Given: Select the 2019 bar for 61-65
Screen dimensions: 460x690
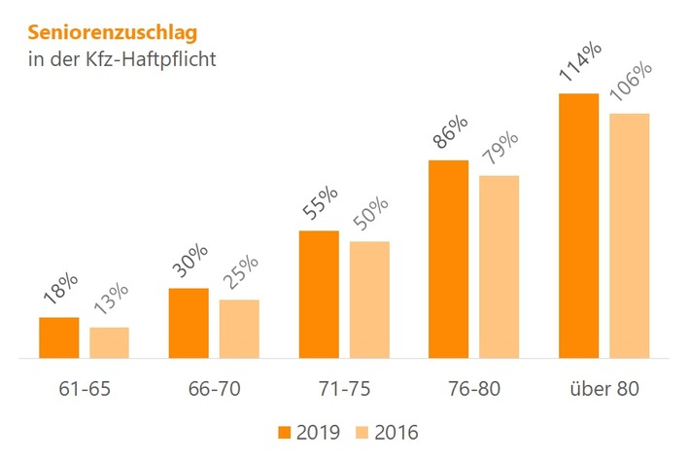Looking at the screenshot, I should click(58, 338).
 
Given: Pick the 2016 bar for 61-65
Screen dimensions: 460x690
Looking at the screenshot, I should click(109, 343).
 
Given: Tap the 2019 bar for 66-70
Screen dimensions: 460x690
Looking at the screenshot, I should click(189, 324).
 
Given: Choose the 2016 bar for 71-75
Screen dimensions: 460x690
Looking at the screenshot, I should click(369, 301).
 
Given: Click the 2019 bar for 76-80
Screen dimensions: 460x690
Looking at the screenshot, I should click(449, 260).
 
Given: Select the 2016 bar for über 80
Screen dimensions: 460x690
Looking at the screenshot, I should click(629, 236).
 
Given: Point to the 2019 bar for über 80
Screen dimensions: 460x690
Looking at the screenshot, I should click(578, 227).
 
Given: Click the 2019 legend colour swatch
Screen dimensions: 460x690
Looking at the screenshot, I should click(285, 431).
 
